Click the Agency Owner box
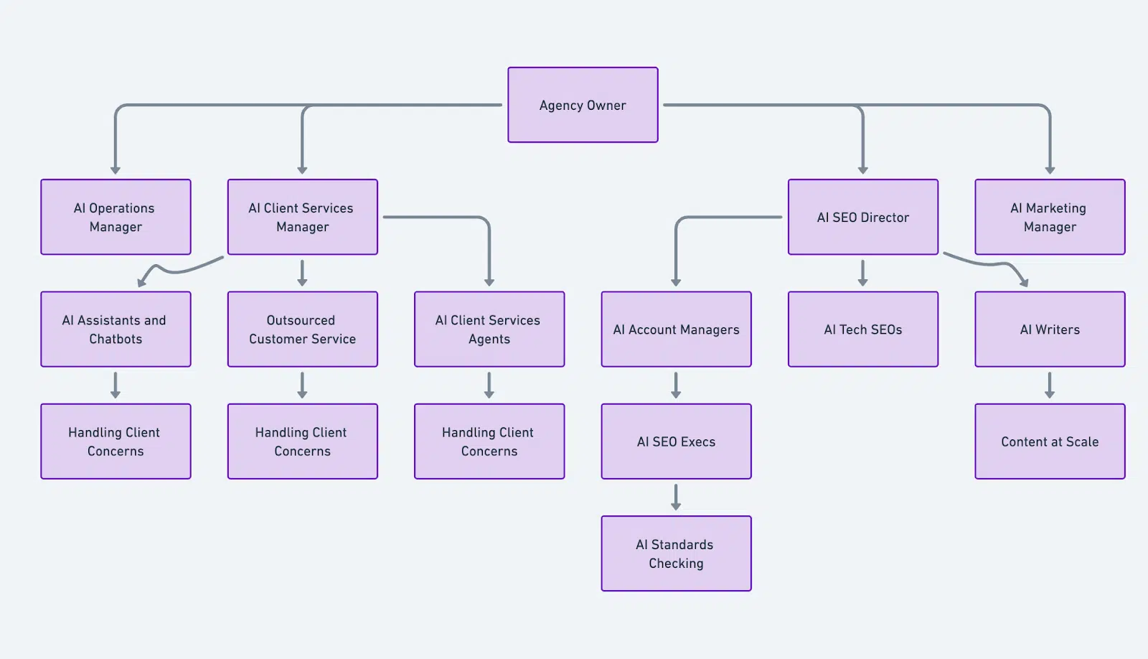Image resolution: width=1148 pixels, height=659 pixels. [x=583, y=105]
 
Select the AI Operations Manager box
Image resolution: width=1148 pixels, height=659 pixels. [x=116, y=217]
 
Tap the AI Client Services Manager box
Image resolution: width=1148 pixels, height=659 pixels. [x=302, y=217]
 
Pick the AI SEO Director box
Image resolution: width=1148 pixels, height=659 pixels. [x=862, y=217]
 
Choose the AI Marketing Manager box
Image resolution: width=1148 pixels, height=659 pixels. [x=1049, y=217]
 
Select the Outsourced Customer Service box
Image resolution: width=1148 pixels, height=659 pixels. [x=302, y=329]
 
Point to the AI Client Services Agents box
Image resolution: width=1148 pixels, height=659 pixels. [x=489, y=329]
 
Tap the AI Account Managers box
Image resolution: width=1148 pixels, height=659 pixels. [x=676, y=329]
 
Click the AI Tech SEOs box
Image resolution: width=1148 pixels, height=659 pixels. [x=862, y=329]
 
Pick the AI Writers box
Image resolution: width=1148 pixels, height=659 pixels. [x=1049, y=329]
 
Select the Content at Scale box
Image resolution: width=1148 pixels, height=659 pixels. [x=1049, y=441]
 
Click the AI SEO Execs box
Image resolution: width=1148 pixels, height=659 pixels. [x=676, y=441]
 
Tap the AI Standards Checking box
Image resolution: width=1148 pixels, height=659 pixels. [x=676, y=553]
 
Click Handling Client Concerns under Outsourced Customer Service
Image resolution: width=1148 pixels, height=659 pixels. [x=302, y=441]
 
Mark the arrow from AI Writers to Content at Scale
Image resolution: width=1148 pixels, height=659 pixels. [x=1049, y=385]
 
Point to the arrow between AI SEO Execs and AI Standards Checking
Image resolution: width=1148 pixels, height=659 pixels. [x=676, y=497]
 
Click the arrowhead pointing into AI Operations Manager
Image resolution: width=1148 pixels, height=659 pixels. [x=116, y=170]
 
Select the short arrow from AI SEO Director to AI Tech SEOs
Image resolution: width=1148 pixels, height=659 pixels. [x=862, y=273]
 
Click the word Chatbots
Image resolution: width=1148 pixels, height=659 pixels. [x=116, y=339]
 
